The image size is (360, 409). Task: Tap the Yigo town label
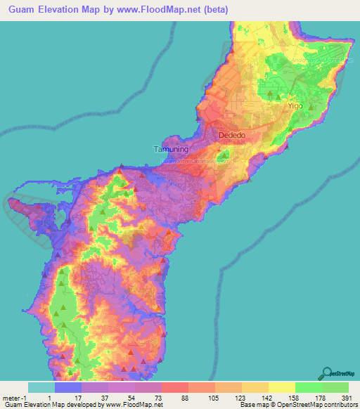[294, 105]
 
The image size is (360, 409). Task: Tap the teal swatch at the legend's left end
[41, 387]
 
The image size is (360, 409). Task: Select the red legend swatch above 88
[174, 387]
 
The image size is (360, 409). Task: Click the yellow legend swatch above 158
[281, 387]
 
